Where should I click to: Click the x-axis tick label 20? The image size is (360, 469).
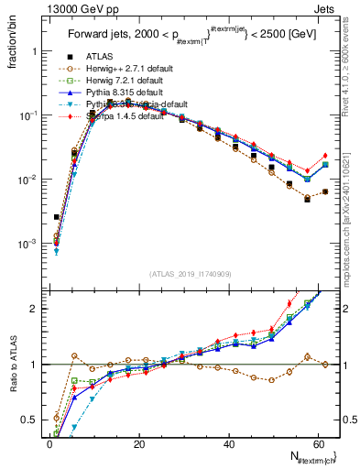[x=138, y=443]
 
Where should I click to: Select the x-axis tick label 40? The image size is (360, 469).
[x=228, y=443]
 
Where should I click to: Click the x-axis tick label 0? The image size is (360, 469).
[x=49, y=443]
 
